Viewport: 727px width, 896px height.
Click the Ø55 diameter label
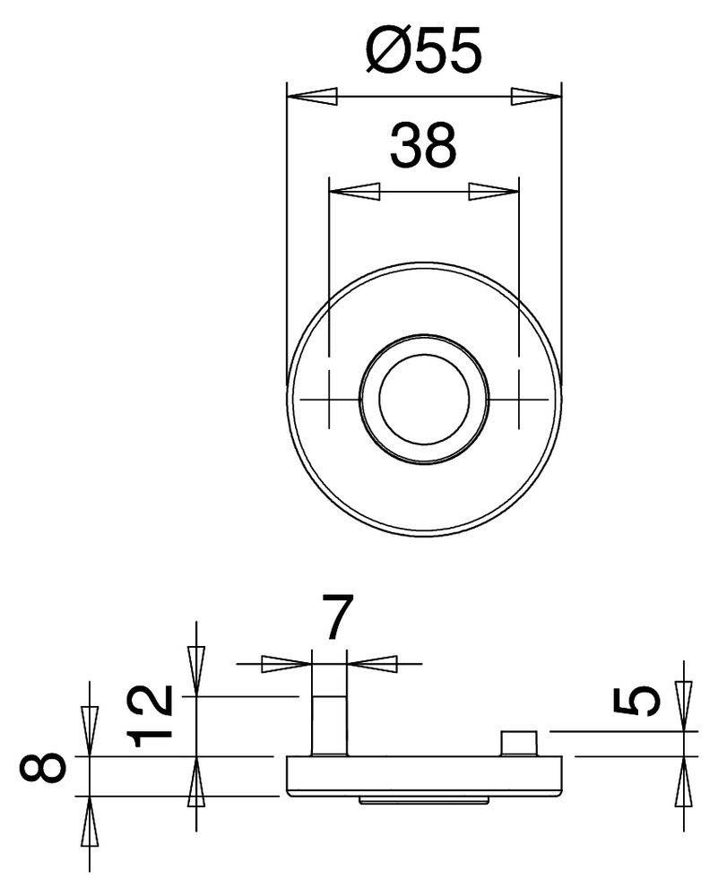[424, 51]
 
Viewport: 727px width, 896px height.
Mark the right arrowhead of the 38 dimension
[495, 190]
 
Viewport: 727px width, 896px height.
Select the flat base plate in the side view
[424, 775]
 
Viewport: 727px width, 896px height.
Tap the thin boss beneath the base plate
[424, 797]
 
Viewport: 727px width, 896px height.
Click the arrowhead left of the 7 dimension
[285, 663]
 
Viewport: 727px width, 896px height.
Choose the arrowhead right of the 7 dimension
[372, 663]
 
